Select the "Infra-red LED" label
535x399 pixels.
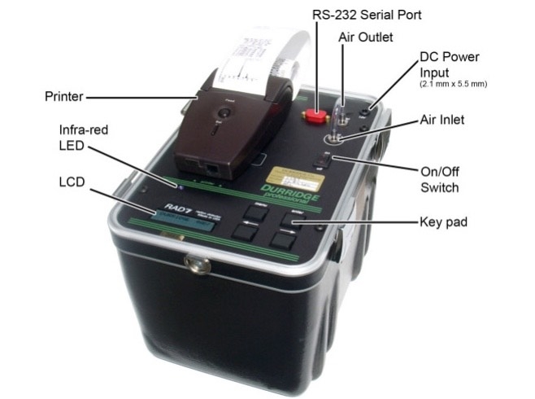(82, 136)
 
